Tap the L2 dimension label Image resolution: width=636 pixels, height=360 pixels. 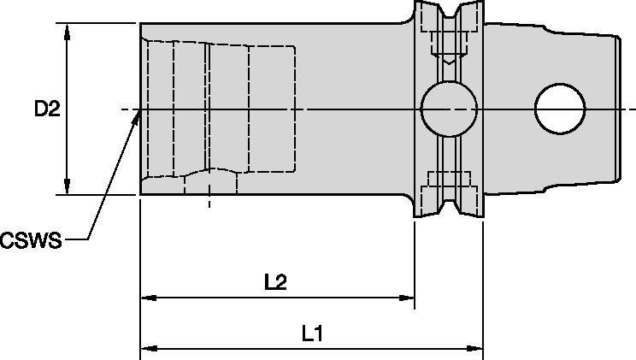pyautogui.click(x=275, y=282)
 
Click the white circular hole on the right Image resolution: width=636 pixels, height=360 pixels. pyautogui.click(x=560, y=109)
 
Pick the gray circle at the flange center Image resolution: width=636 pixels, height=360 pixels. pyautogui.click(x=449, y=109)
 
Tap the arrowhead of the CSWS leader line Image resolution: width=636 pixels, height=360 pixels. pyautogui.click(x=134, y=120)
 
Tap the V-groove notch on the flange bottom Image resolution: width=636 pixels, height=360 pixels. pyautogui.click(x=449, y=205)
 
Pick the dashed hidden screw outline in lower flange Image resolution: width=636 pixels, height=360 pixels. pyautogui.click(x=449, y=182)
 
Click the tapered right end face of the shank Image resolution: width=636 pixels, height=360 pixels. pyautogui.click(x=618, y=109)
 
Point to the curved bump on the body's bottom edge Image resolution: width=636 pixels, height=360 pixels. pyautogui.click(x=209, y=174)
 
